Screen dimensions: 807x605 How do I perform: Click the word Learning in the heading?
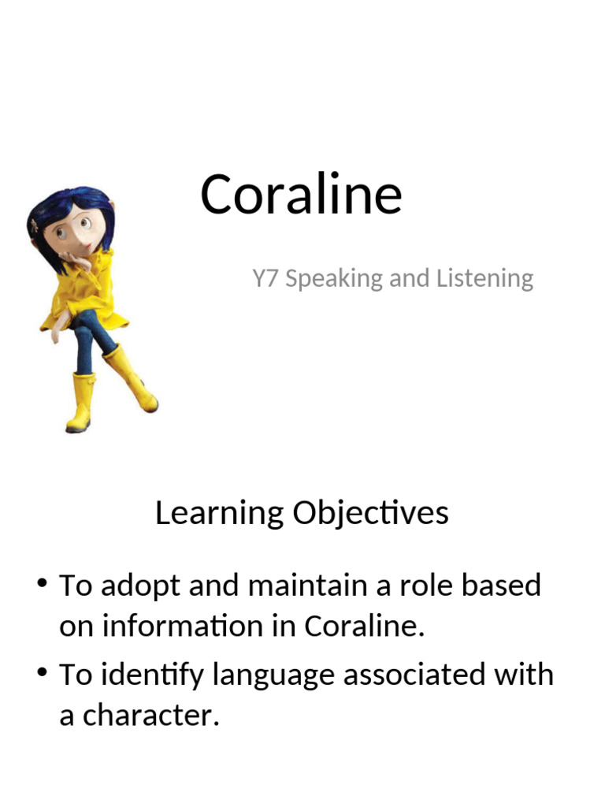coord(219,514)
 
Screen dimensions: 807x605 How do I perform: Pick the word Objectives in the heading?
coord(371,514)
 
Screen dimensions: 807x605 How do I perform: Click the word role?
coord(426,586)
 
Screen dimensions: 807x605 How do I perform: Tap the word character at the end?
coord(148,716)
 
